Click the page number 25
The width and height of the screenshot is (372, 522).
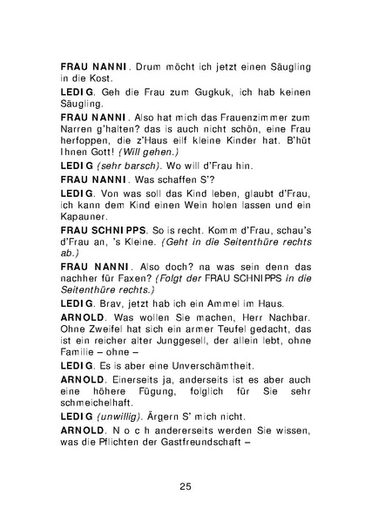186,485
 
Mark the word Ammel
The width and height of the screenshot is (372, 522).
227,302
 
